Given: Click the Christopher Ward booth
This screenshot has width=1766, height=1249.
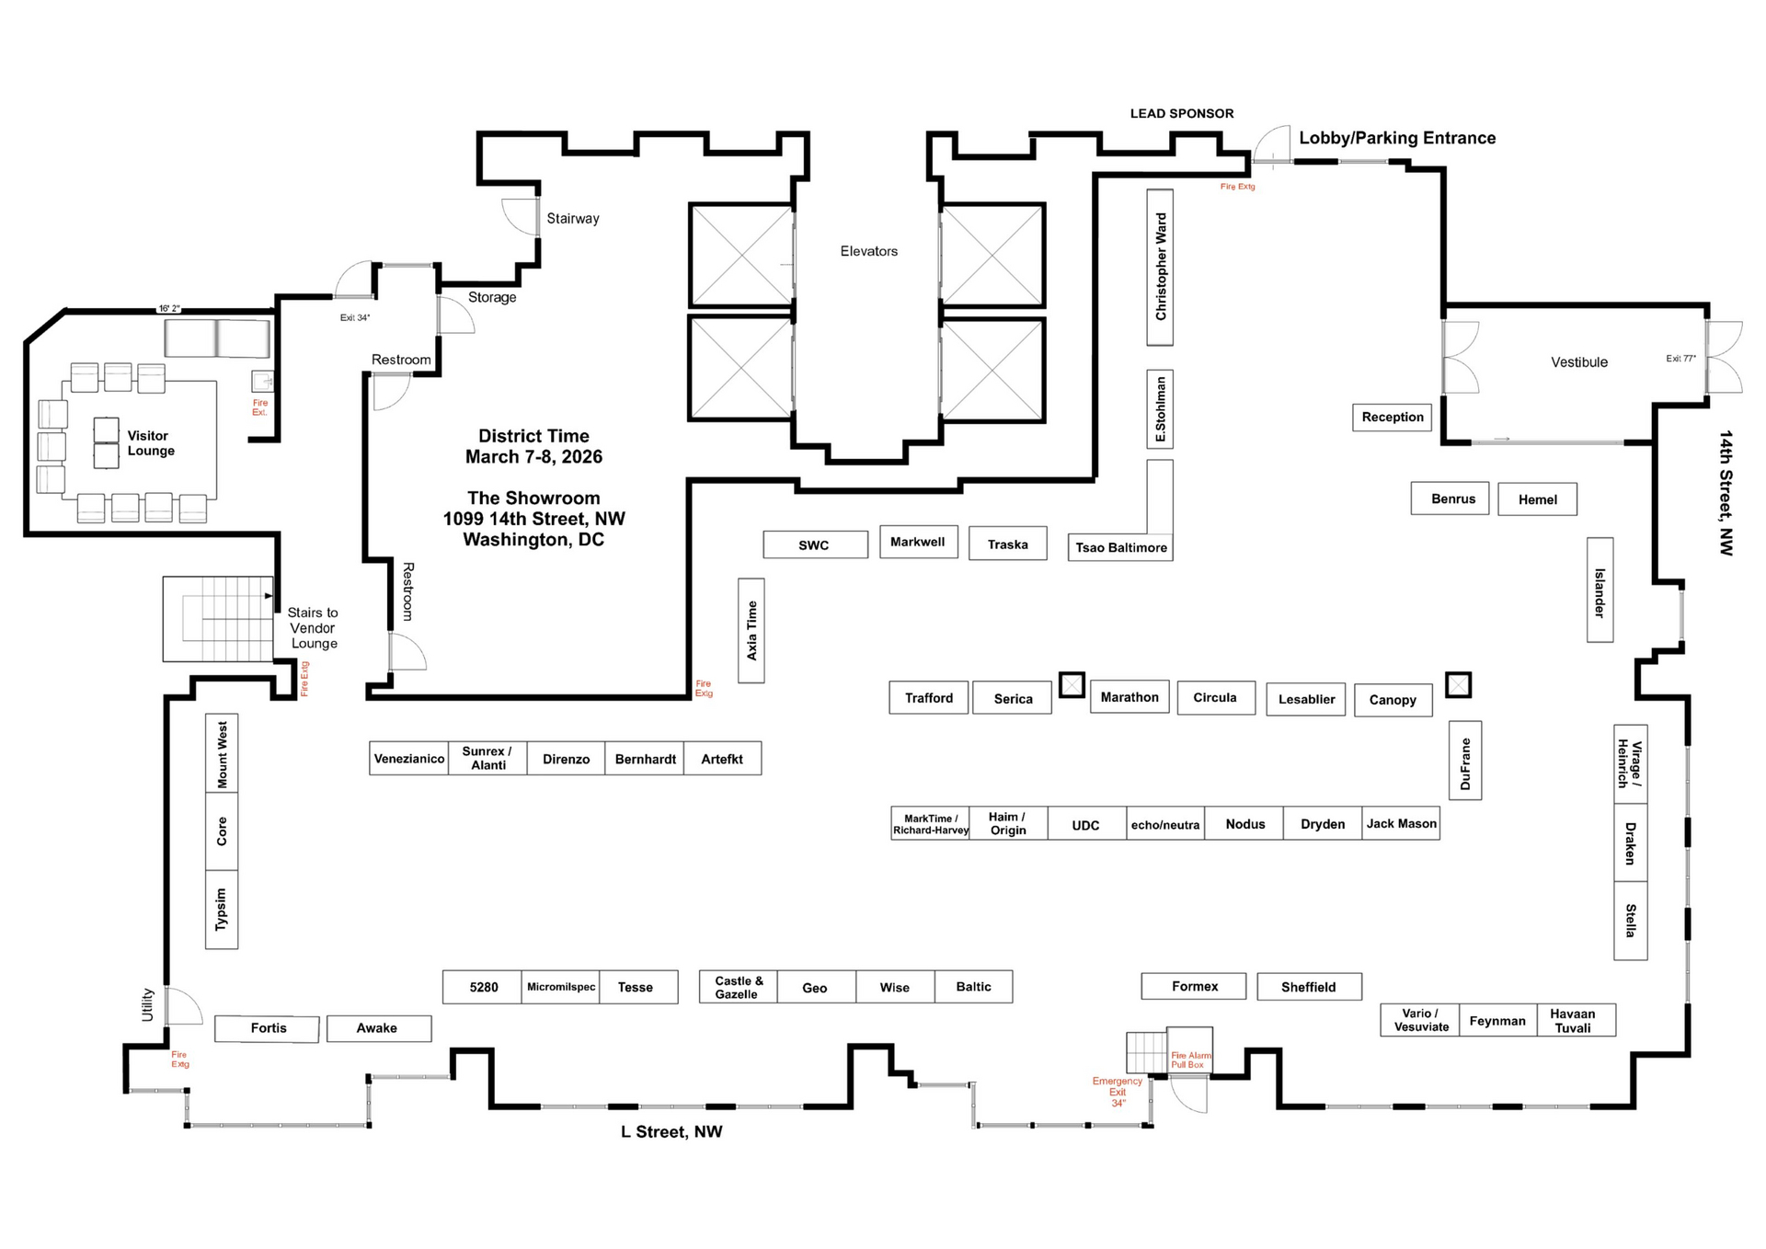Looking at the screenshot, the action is coord(1160,268).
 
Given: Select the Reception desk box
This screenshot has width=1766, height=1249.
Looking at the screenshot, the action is coord(1393,418).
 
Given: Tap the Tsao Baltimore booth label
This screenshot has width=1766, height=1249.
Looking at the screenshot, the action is coord(1121,547).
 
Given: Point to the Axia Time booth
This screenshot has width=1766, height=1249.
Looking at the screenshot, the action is coord(751,630).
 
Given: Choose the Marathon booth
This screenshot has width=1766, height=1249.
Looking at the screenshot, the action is coord(1130,697).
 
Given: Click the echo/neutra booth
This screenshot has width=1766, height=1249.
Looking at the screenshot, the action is coord(1165,824).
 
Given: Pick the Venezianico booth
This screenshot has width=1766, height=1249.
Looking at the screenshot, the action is coord(409,759).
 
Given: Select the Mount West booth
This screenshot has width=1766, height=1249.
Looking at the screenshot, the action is coord(222,753).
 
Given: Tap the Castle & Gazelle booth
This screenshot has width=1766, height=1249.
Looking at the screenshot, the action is coord(738,987).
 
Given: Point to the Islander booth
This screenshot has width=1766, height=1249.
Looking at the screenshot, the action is coord(1600,590).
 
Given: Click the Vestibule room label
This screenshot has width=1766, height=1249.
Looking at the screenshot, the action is coord(1579,362).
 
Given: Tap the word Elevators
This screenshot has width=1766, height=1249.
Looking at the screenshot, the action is coord(868,251).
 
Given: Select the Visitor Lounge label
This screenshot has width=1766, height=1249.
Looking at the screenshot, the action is coord(151,443).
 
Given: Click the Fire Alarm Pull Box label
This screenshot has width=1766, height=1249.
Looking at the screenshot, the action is coord(1190,1060).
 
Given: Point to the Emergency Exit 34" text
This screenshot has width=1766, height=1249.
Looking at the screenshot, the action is coord(1118,1092).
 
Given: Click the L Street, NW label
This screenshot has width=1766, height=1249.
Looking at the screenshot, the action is coord(671,1132).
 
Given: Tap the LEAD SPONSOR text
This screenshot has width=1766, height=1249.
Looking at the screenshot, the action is coord(1182,114).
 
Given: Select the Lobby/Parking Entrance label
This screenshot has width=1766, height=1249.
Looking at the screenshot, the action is coord(1397,138).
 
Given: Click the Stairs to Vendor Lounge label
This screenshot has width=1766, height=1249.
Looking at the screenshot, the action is coord(313,628).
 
